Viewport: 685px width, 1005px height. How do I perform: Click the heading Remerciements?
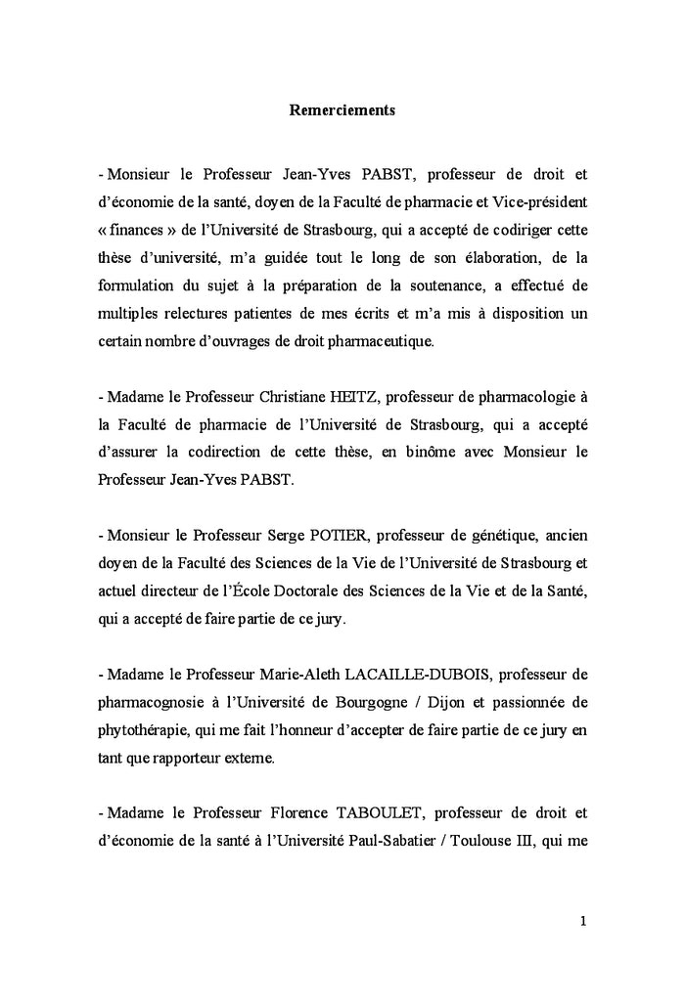click(342, 110)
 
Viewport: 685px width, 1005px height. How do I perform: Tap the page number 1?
click(582, 919)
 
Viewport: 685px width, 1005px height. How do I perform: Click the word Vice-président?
click(542, 202)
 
